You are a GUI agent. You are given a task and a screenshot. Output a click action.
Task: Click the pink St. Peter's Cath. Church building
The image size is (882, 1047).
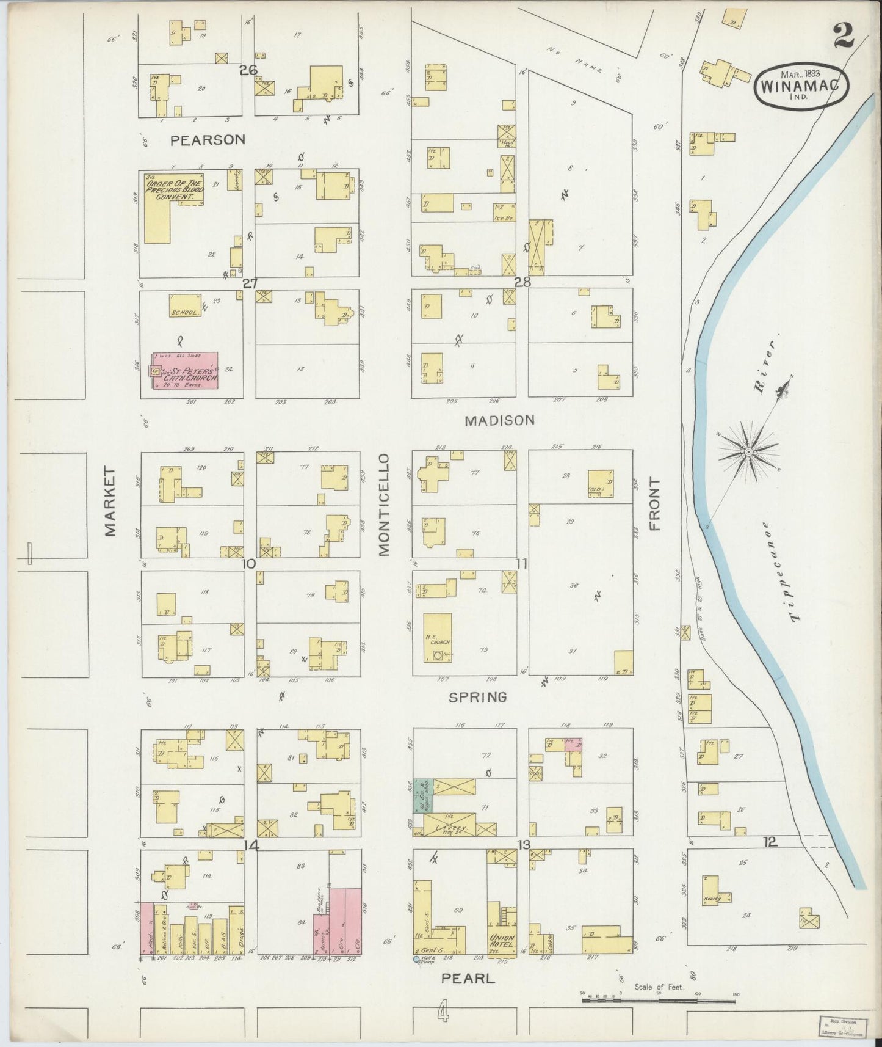(186, 370)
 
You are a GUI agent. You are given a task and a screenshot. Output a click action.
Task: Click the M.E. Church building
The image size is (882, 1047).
(438, 638)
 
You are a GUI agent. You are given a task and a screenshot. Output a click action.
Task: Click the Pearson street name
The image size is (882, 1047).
(208, 140)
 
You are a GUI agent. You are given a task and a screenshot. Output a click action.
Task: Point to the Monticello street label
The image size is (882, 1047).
(383, 505)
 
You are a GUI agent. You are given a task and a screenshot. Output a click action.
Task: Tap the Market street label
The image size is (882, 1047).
(110, 502)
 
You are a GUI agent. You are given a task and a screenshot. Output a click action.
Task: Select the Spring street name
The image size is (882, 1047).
(477, 697)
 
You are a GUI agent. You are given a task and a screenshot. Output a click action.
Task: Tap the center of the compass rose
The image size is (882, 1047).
(747, 451)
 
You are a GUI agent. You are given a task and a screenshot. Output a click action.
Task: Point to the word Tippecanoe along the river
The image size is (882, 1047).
(779, 572)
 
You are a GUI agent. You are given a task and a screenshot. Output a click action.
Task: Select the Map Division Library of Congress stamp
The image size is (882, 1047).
(842, 1026)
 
